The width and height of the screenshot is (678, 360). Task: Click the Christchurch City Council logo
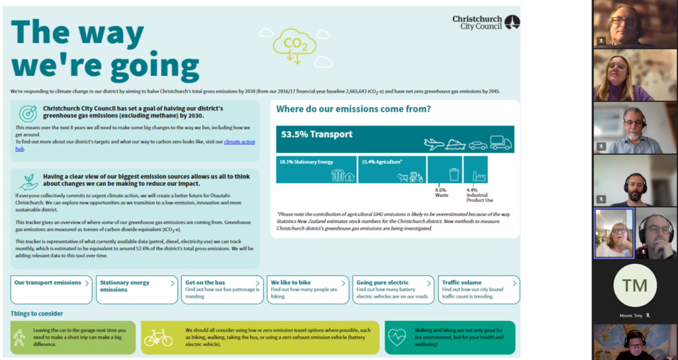(486, 22)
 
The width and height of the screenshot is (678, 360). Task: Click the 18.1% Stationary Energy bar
(316, 169)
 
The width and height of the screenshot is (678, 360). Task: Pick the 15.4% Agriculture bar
(391, 169)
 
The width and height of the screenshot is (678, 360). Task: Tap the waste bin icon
(454, 174)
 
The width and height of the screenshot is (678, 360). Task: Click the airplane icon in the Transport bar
(433, 143)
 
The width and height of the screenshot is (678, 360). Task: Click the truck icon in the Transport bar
(501, 142)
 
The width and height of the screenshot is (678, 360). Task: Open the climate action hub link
(239, 142)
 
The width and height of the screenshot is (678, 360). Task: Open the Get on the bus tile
(222, 289)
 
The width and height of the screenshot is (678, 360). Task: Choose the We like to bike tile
(307, 289)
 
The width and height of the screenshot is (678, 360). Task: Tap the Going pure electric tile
(394, 289)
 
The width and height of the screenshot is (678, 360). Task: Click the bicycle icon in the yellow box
(158, 337)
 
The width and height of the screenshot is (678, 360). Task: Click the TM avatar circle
(634, 286)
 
